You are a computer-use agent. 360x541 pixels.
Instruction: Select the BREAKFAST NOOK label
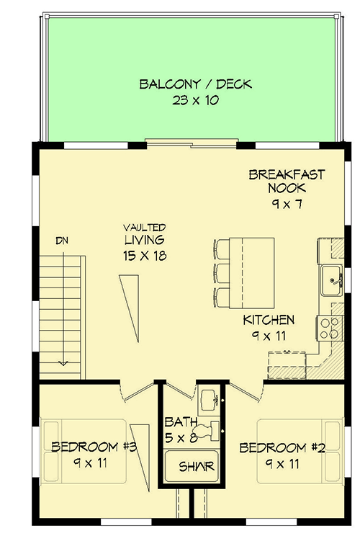point(287,181)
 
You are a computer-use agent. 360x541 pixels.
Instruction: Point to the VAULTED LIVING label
point(144,233)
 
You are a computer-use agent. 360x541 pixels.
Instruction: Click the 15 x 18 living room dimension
point(144,255)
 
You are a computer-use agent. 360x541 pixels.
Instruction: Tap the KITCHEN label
point(269,319)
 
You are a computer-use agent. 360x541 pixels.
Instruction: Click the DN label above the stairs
point(63,240)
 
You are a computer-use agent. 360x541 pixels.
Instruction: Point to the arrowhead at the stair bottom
point(63,362)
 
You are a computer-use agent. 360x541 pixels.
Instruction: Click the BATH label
point(177,421)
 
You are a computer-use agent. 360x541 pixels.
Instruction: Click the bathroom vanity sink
point(208,398)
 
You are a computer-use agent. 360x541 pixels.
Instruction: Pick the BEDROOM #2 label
point(282,447)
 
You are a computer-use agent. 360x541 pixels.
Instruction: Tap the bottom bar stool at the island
point(222,296)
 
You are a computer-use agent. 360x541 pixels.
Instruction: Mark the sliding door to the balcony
point(190,140)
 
